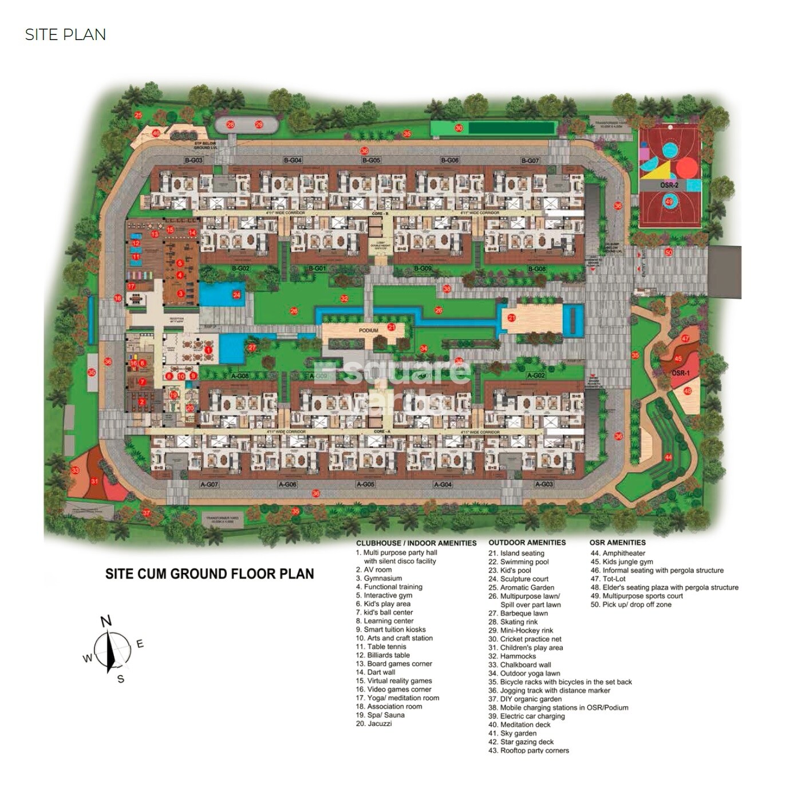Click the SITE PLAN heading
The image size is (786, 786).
point(65,35)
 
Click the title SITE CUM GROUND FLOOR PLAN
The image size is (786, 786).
point(210,574)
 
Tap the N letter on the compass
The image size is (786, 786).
point(106,622)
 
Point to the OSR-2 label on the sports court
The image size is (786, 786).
point(669,185)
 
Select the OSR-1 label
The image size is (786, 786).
point(680,373)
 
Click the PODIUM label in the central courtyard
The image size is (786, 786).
point(369,330)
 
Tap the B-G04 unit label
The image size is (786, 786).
point(293,160)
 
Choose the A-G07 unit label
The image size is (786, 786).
point(210,484)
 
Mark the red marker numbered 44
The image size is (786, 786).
point(668,457)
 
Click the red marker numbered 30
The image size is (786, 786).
point(459,128)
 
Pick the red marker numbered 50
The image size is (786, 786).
point(669,252)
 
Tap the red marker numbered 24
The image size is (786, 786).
point(236,295)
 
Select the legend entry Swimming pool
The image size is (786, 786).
point(524,562)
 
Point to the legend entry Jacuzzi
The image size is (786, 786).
point(380,724)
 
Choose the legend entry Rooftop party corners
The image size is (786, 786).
point(534,751)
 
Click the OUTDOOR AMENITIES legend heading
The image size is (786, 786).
point(527,542)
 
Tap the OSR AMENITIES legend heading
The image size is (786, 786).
point(617,542)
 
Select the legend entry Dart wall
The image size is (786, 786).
point(381,672)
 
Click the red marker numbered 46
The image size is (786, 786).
point(156,133)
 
